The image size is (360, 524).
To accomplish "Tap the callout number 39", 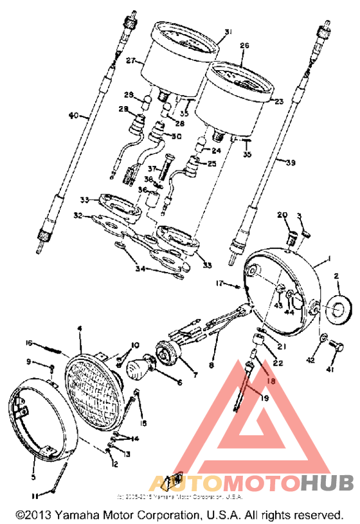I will tap(290, 163).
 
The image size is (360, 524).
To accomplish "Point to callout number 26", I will tap(244, 46).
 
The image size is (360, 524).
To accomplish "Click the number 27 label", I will tap(130, 60).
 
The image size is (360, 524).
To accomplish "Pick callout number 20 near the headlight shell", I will tap(282, 215).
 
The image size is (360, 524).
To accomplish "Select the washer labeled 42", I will tap(324, 338).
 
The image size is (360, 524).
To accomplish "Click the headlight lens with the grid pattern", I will tap(94, 386).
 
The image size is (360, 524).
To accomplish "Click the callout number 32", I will tap(78, 216).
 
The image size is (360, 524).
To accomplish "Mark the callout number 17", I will tap(219, 282).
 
